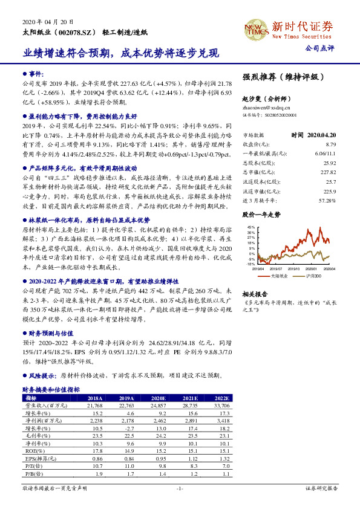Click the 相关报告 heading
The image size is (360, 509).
(255, 292)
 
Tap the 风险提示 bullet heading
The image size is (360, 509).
(40, 375)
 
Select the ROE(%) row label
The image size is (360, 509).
(31, 450)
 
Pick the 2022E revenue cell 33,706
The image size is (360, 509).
(220, 405)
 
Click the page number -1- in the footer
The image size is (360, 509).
(180, 487)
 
